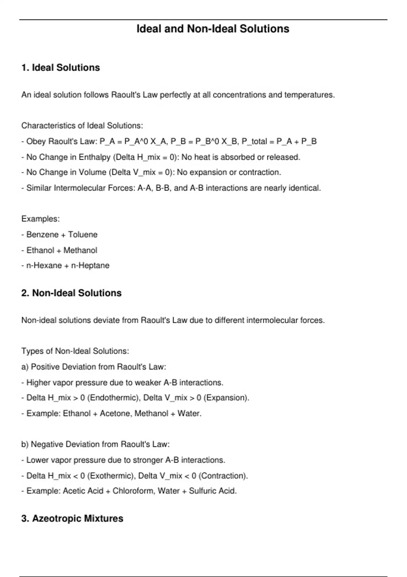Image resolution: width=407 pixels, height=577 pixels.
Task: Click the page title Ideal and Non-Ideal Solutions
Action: (x=213, y=29)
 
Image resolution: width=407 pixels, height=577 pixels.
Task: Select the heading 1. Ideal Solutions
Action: (x=61, y=68)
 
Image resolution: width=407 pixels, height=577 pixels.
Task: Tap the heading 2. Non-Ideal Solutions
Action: (x=71, y=293)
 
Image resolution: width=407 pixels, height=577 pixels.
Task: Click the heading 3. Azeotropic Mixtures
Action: (x=72, y=518)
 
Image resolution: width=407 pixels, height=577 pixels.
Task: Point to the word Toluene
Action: (x=83, y=235)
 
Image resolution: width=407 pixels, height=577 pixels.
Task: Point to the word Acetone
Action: (x=115, y=413)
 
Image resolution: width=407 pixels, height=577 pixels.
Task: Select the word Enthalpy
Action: (x=95, y=157)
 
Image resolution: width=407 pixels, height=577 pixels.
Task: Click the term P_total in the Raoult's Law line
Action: (x=254, y=142)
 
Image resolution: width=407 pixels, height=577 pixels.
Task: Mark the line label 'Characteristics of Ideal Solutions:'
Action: (x=82, y=126)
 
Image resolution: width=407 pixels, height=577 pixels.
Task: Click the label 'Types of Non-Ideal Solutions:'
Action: (x=75, y=351)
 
